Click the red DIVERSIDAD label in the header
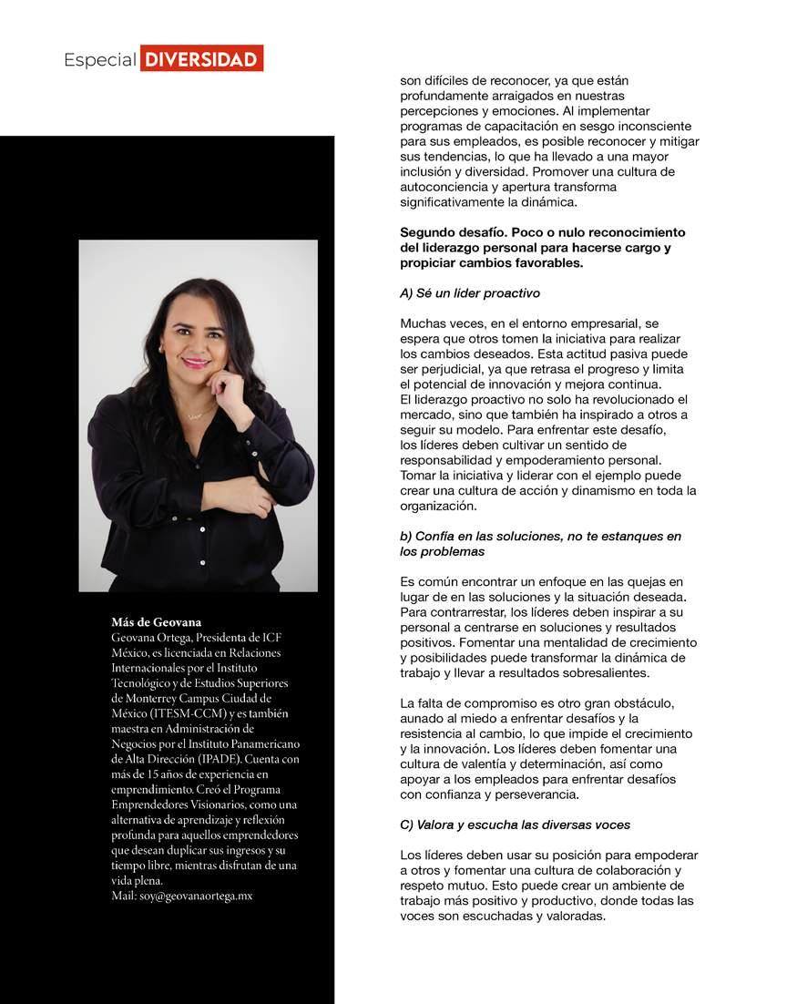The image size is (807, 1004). pos(201,59)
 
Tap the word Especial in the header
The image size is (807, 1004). pos(99,60)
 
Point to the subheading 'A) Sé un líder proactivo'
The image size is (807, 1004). pos(470,293)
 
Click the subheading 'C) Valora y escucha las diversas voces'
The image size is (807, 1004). pos(515,825)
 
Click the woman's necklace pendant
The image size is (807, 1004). pos(195,415)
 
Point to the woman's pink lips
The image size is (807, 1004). pos(196,362)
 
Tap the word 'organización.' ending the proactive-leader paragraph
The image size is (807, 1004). pos(438,506)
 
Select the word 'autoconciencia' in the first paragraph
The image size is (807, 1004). pos(444,187)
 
